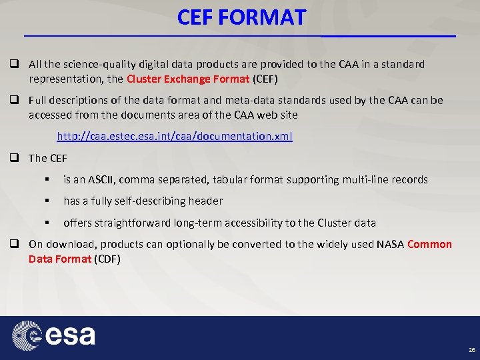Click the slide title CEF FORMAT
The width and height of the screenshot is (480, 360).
tap(241, 17)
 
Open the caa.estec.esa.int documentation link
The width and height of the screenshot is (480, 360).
tap(174, 136)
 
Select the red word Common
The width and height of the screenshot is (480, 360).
tap(429, 244)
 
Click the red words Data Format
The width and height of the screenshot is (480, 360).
tap(59, 258)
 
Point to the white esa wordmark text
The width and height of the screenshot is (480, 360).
tap(71, 335)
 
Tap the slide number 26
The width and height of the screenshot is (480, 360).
tap(471, 349)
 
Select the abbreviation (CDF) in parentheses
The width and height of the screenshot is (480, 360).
tap(107, 258)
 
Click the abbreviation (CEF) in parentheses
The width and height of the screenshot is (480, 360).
tap(265, 79)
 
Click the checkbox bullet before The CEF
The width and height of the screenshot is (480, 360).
tap(13, 158)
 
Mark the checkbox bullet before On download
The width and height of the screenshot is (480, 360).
tap(13, 244)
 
